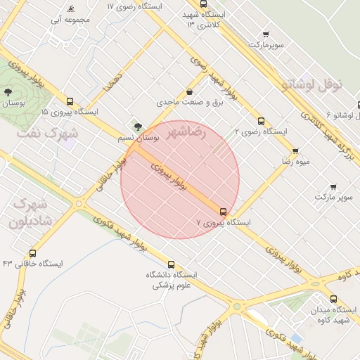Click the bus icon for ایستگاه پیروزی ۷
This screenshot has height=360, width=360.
224,212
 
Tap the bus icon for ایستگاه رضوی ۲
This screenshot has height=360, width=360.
262,121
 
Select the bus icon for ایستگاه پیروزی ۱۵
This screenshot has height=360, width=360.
70,101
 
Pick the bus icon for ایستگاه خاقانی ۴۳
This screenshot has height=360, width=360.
32,254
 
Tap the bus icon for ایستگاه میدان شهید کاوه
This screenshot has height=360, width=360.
333,299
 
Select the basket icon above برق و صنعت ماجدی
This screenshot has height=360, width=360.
190,92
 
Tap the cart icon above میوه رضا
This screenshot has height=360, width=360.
295,151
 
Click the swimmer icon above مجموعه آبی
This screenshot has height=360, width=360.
70,9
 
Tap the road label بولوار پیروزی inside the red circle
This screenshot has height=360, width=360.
169,174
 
